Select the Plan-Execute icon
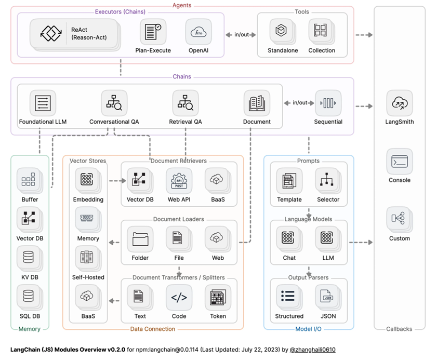(152, 32)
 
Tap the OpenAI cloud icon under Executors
(198, 32)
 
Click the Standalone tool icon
(281, 31)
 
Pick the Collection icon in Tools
(321, 31)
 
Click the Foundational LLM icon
(43, 103)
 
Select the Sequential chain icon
(328, 103)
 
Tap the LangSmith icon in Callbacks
(399, 103)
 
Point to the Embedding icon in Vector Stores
(88, 180)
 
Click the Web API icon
(179, 181)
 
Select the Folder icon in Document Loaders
(140, 239)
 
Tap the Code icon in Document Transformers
(179, 297)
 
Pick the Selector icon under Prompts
(327, 181)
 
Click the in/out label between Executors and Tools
(241, 35)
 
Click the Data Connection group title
(153, 329)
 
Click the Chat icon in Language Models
(288, 239)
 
